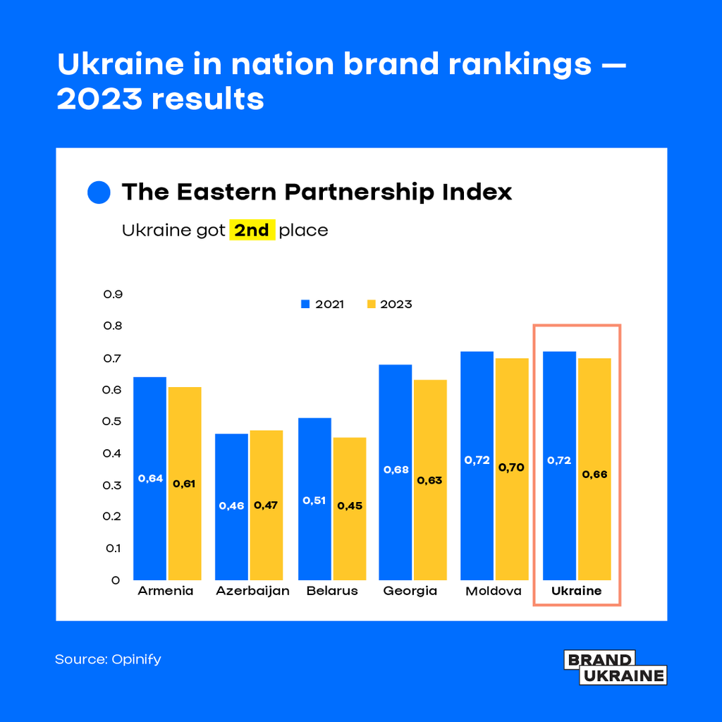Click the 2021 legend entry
322,305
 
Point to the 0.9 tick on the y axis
113,294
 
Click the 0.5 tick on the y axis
113,421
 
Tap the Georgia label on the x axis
410,591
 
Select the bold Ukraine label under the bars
576,591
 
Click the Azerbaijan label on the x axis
252,591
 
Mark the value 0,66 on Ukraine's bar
594,475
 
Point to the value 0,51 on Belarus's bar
314,500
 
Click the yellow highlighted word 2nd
252,231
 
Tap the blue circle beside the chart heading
99,192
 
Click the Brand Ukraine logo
615,668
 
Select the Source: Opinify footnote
108,659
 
